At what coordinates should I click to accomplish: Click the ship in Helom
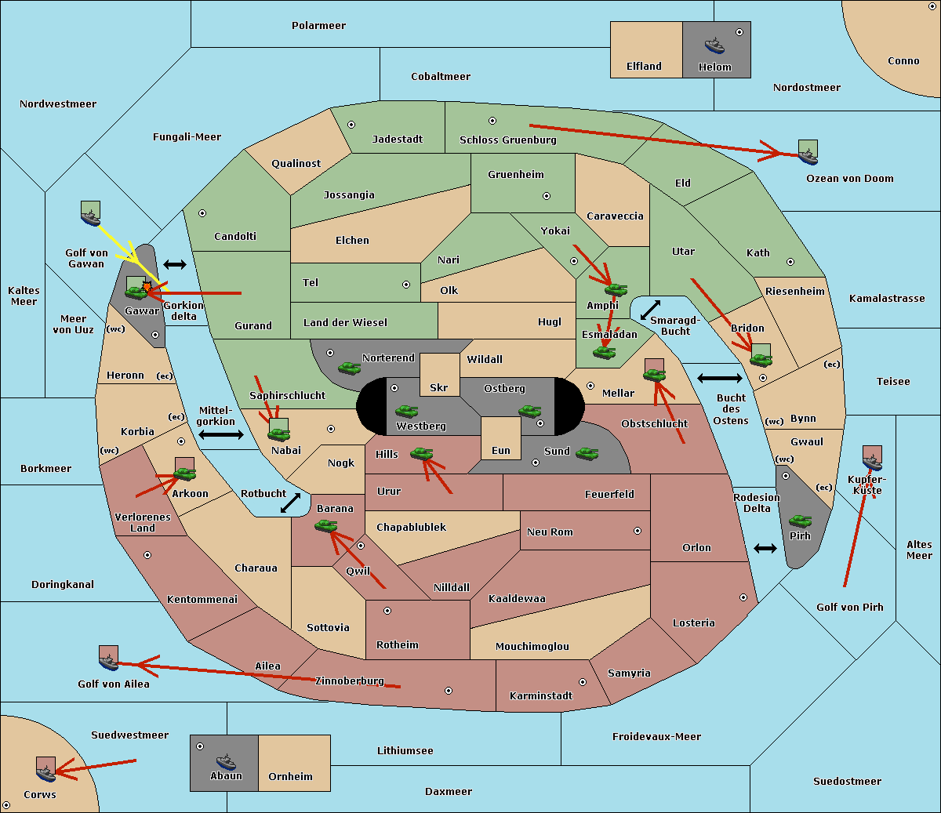714,46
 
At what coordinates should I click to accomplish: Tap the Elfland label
644,67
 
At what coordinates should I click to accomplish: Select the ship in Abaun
226,761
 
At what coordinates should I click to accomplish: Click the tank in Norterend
349,368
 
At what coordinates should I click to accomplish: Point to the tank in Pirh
800,521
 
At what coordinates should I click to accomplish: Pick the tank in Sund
587,453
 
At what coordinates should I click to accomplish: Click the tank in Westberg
406,411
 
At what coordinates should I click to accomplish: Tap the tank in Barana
326,526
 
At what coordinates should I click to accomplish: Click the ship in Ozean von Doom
808,157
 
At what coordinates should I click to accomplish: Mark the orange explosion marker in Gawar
147,286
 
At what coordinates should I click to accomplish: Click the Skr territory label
439,387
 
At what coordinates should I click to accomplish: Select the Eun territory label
501,450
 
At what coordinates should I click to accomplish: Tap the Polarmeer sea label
318,26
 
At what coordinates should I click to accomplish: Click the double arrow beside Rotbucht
290,503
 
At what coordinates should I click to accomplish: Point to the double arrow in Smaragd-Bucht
650,310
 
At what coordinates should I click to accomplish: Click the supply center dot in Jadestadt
351,125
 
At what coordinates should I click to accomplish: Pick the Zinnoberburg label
350,681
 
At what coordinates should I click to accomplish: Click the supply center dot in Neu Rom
638,531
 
